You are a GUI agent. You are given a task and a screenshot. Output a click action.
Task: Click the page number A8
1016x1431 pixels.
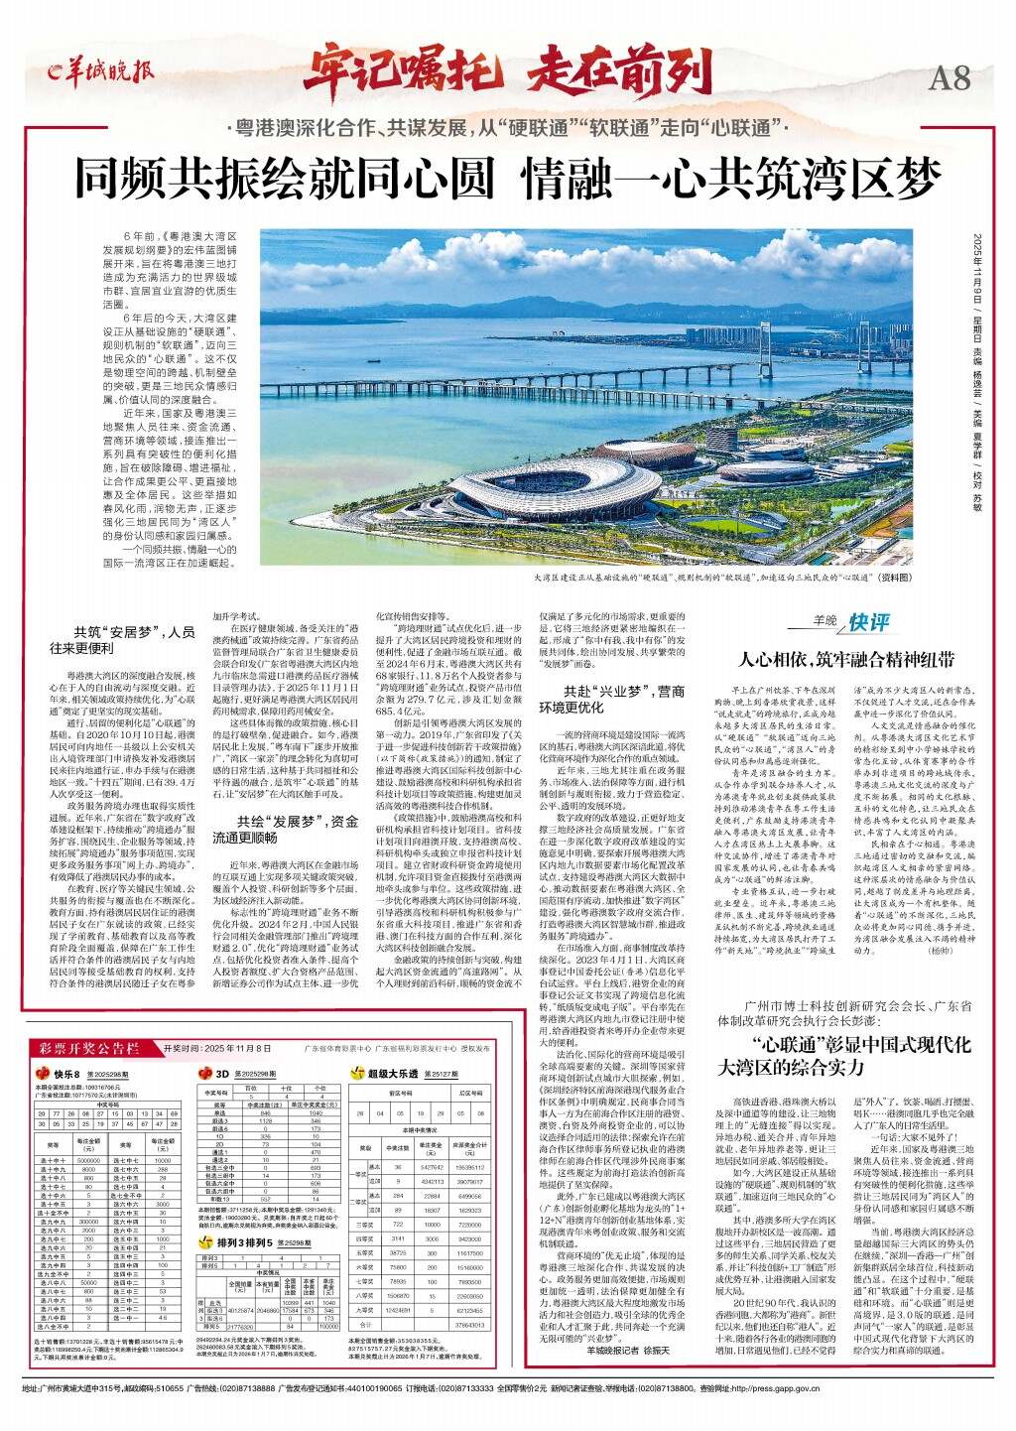pyautogui.click(x=951, y=76)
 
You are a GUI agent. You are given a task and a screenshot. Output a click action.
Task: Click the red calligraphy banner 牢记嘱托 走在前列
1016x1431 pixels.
pyautogui.click(x=508, y=71)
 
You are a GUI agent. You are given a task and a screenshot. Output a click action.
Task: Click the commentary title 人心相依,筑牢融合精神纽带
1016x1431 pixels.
pyautogui.click(x=847, y=660)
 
